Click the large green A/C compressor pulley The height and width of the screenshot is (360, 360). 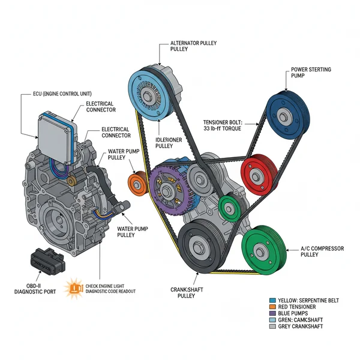point(263,249)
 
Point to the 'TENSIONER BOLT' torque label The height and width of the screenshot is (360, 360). point(222,125)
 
